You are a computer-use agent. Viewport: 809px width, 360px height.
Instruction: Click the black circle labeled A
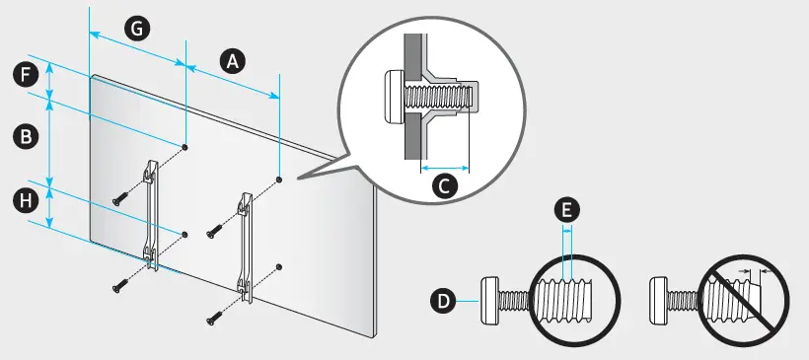click(233, 62)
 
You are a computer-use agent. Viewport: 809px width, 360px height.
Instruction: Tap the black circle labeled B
click(26, 137)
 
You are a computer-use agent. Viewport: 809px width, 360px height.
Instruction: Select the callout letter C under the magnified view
click(444, 186)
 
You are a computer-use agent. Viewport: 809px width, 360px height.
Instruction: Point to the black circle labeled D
click(443, 301)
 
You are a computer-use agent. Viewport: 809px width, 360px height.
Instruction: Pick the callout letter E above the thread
click(566, 210)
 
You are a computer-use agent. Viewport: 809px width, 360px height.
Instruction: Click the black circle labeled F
click(26, 76)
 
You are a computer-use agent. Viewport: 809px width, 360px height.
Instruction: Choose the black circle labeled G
click(137, 29)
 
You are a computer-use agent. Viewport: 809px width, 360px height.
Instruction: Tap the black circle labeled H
click(26, 201)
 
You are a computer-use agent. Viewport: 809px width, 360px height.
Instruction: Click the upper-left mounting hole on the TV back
click(185, 148)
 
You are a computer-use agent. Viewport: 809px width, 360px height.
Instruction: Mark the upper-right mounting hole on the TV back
click(279, 180)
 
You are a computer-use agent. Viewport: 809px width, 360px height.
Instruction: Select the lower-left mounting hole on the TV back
click(185, 235)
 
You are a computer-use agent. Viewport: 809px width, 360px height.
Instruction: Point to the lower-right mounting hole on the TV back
click(279, 266)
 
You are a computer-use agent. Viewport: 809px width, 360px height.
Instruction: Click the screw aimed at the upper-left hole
click(119, 197)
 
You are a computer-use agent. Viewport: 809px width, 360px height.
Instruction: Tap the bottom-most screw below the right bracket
click(213, 317)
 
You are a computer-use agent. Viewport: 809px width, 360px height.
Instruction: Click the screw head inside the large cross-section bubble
click(396, 97)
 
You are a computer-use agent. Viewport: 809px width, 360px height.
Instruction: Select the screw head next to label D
click(490, 301)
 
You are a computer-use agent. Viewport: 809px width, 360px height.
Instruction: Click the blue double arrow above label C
click(445, 168)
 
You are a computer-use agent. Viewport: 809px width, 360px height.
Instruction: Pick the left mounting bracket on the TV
click(150, 213)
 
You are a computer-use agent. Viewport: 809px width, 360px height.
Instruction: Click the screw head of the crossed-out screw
click(658, 301)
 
